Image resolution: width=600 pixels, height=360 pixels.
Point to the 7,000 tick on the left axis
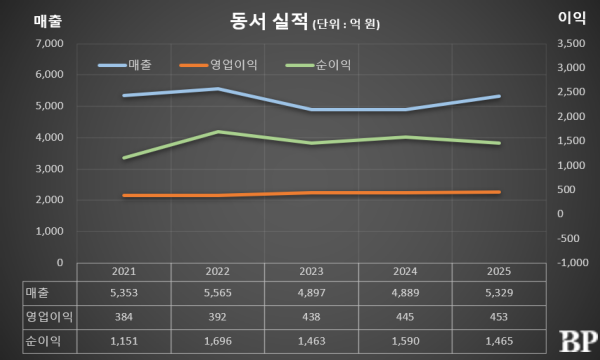tap(48, 44)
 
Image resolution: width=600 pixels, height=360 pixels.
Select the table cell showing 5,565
tap(219, 291)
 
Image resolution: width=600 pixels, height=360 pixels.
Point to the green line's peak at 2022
tap(219, 132)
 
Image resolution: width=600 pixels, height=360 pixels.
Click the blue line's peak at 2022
tap(219, 89)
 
